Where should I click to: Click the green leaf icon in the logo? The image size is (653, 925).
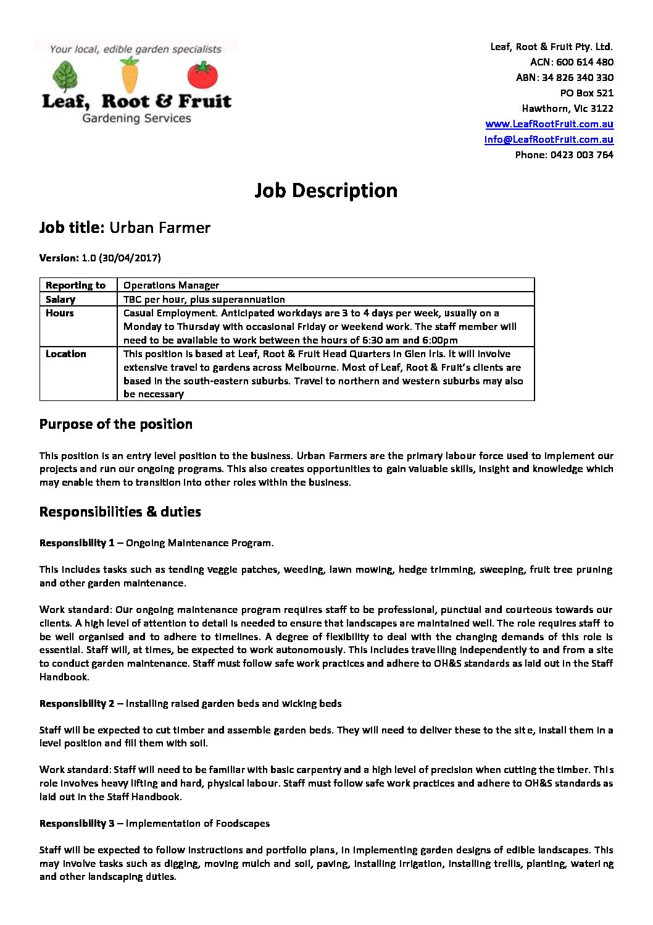(65, 77)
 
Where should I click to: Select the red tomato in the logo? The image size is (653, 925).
(202, 75)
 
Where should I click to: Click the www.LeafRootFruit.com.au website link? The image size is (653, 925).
(549, 124)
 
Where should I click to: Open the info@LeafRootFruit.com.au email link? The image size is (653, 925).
(549, 139)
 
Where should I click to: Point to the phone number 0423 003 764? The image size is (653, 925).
(582, 154)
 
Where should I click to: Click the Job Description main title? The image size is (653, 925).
(326, 190)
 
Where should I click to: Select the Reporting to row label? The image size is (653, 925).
(75, 285)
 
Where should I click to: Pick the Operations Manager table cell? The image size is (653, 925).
(171, 285)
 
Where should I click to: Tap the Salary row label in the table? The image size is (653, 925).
(60, 299)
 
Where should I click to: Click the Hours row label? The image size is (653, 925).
(59, 313)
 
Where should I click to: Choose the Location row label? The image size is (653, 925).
(65, 353)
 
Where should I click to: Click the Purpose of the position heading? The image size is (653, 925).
(115, 424)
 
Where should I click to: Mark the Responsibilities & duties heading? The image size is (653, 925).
(120, 512)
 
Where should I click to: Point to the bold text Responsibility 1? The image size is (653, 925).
(77, 543)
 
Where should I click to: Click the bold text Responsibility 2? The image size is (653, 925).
(77, 703)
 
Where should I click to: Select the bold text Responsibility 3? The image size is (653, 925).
(77, 823)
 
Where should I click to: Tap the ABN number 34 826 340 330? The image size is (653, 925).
(578, 77)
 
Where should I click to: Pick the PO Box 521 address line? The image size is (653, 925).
(586, 93)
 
